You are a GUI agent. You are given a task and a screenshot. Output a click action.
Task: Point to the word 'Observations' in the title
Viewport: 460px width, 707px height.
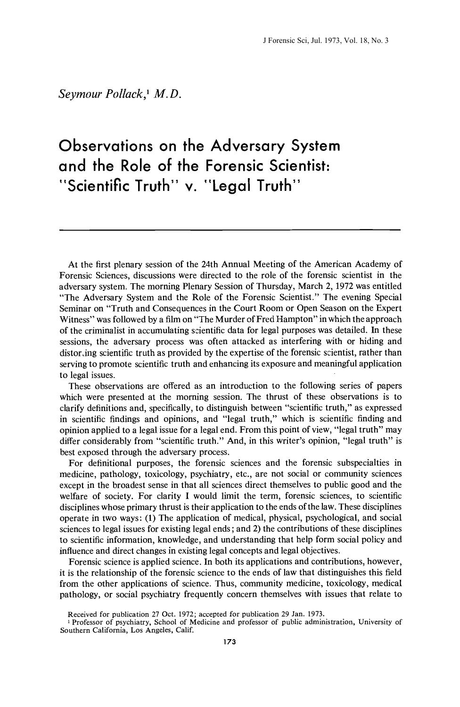point(105,146)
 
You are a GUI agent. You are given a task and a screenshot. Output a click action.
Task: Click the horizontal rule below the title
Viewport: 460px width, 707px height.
point(230,230)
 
